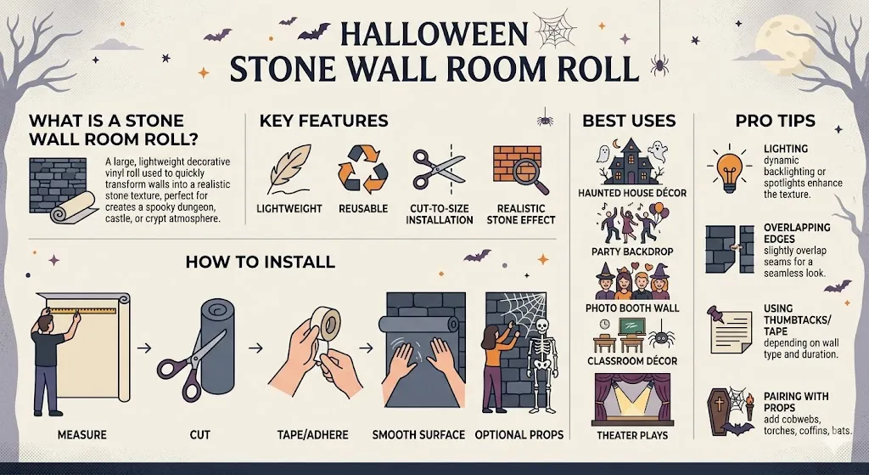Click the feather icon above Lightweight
(x=286, y=170)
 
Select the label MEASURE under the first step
(x=81, y=435)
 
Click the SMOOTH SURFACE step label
(x=418, y=435)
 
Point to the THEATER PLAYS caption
(x=632, y=436)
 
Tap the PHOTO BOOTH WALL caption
(x=632, y=307)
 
